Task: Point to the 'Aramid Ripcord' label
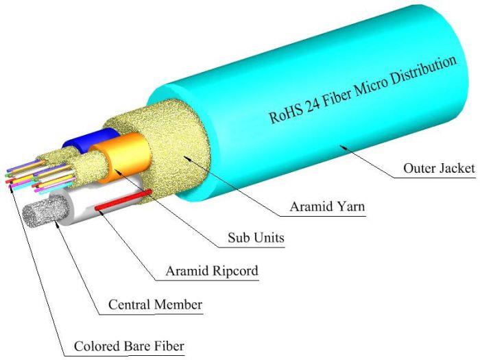point(212,272)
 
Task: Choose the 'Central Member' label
point(156,304)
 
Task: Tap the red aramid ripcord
point(123,200)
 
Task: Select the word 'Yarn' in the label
point(349,206)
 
